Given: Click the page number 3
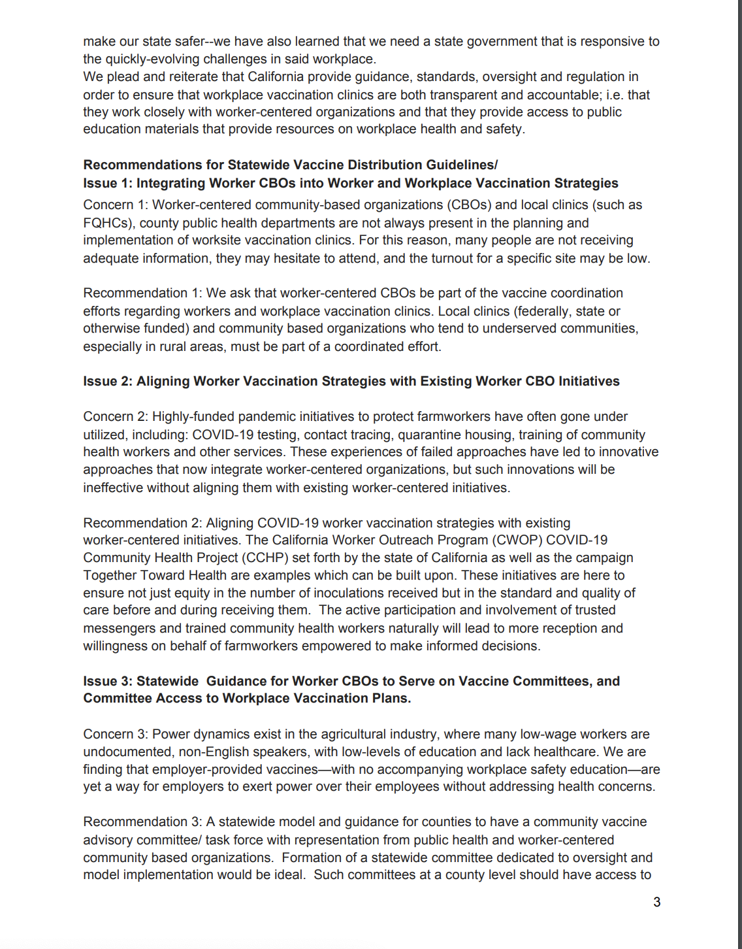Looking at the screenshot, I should coord(656,902).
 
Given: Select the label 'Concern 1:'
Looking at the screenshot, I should coord(115,205).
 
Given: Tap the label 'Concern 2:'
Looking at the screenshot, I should coord(115,416).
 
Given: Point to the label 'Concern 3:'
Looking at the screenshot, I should coord(115,734).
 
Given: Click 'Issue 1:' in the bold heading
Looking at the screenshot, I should coord(107,183).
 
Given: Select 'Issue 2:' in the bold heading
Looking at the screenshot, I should coord(107,381).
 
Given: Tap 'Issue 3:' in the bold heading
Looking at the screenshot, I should coord(107,681).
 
